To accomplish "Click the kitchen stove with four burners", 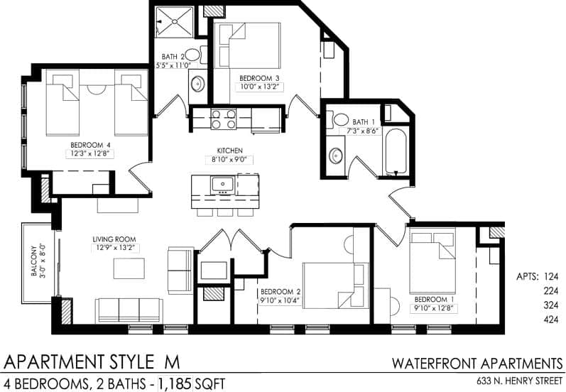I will coord(224,118).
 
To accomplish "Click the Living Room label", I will coord(114,239).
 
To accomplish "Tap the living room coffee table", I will coord(129,268).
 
